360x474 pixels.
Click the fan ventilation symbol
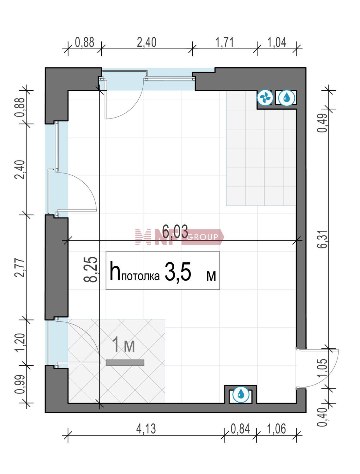point(265,98)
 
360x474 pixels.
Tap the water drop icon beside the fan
point(286,98)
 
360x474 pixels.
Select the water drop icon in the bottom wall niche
point(241,395)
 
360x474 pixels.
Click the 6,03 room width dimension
point(175,232)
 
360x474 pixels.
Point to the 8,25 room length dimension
point(91,270)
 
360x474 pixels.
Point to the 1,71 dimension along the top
point(225,42)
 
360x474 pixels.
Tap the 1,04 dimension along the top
point(277,42)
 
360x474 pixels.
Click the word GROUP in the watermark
point(202,237)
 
